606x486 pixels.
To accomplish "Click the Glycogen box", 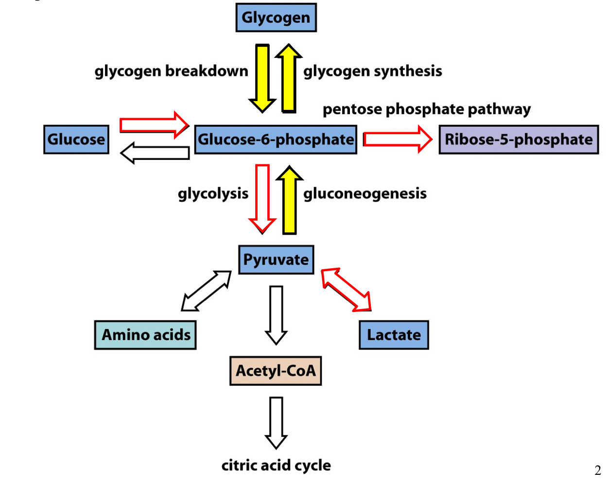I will pos(276,17).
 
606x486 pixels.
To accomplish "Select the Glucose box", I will pos(76,139).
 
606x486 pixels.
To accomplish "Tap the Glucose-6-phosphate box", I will pos(276,139).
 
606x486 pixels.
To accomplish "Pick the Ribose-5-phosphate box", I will pos(519,139).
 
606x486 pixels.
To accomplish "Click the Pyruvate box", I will pos(276,260).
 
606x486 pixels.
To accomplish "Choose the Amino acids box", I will pos(145,335).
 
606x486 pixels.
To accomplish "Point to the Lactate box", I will pos(394,335).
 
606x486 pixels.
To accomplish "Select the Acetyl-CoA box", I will pos(276,371).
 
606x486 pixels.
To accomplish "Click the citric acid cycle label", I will pos(276,465).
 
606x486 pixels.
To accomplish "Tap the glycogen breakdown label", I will pos(171,71).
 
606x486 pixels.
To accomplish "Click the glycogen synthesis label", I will pos(373,71).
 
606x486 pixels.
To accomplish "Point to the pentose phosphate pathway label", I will pos(427,109).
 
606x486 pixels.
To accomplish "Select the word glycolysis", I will pos(213,193).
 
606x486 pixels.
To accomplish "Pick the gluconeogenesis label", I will pos(365,193).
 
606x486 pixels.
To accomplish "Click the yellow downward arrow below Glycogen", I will pos(262,78).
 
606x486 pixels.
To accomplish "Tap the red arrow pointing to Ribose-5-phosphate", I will pos(398,139).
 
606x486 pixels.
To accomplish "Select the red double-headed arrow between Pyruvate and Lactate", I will pos(346,289).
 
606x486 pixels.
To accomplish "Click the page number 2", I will pos(597,470).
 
